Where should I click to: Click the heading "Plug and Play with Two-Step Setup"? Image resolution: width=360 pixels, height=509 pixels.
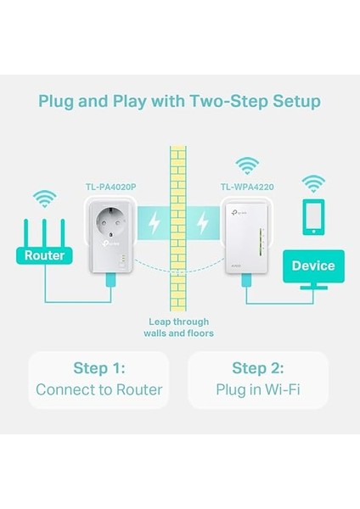(179, 102)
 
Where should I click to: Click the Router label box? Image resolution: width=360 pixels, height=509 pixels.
(45, 255)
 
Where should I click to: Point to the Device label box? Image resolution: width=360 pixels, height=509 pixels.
(313, 266)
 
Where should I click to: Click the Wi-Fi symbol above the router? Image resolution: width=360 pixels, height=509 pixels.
(44, 200)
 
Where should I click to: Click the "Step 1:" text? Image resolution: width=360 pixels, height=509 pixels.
(98, 368)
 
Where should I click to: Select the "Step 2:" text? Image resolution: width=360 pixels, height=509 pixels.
(258, 368)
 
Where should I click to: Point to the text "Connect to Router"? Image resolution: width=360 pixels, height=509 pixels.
(98, 391)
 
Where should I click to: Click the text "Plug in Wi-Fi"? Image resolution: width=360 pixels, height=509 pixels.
(258, 391)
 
